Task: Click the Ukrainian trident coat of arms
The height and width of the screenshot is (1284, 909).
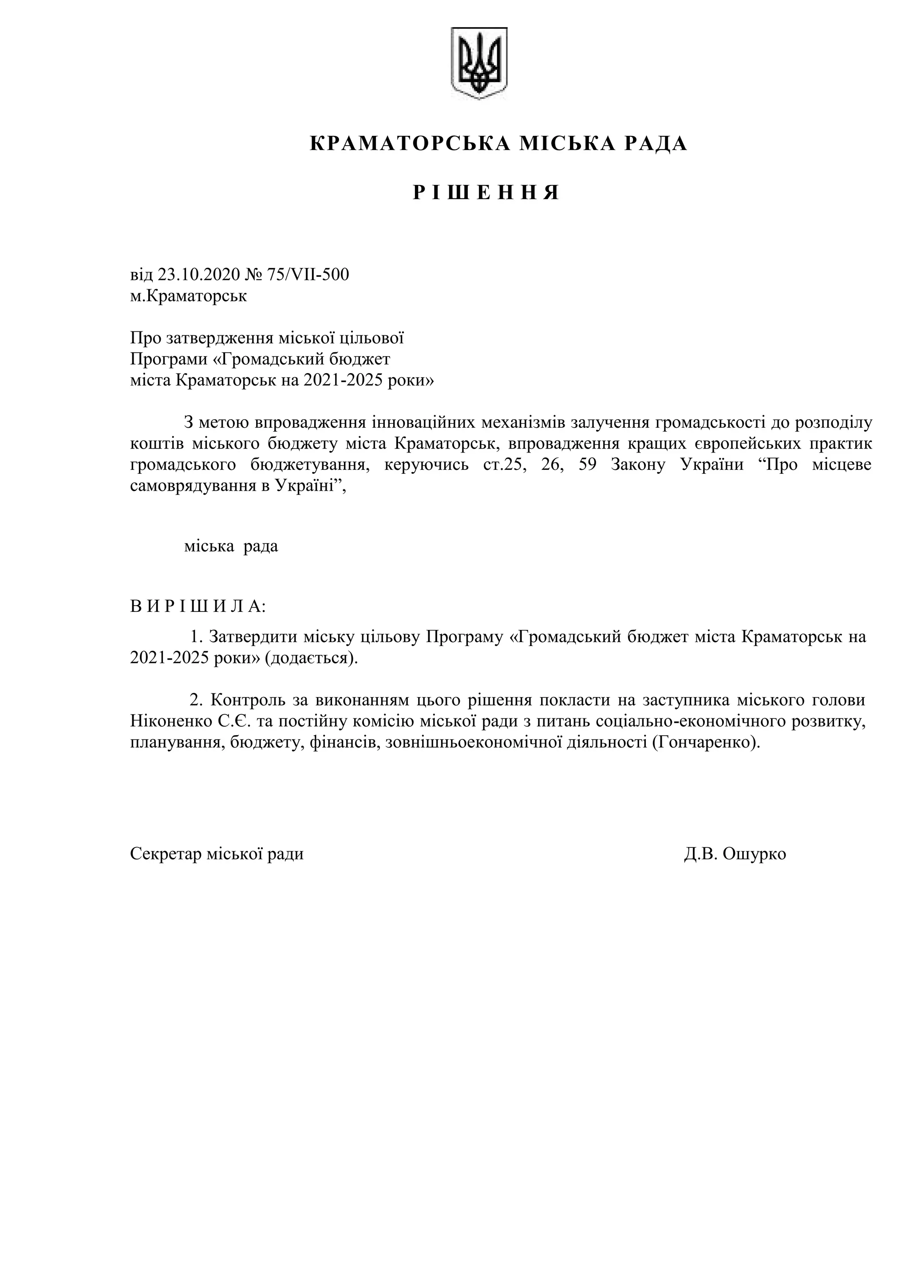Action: point(479,63)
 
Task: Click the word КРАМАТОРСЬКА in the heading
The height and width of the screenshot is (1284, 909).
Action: point(410,144)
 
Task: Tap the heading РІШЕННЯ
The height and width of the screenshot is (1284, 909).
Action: point(486,193)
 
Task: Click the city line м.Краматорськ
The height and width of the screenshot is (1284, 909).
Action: point(188,295)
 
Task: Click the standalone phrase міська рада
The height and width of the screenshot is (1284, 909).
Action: point(231,546)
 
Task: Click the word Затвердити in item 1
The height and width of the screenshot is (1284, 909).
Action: point(253,637)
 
